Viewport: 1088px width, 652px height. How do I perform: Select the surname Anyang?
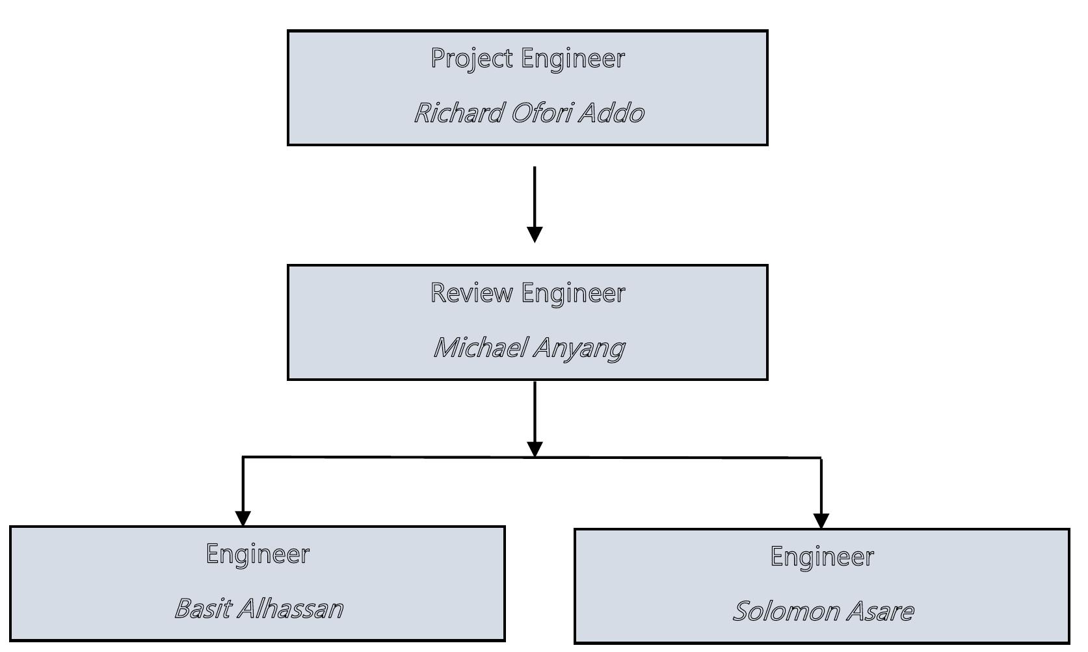579,348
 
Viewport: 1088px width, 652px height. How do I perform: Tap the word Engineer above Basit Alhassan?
258,554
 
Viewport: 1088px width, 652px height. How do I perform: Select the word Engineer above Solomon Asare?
822,557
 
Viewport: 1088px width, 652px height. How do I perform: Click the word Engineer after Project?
572,59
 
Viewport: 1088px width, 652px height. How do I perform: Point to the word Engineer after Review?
572,294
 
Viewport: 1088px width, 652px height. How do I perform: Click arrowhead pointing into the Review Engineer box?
535,235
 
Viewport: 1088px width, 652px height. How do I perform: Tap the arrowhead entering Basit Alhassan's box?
243,518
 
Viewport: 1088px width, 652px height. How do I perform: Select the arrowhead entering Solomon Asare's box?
821,521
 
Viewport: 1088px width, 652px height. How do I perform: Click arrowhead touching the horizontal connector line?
535,449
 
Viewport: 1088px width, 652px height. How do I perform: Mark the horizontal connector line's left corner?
243,458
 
